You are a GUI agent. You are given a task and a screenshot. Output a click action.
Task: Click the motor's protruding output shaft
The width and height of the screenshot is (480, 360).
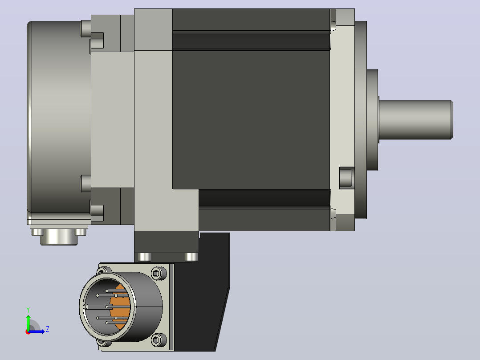(x=416, y=119)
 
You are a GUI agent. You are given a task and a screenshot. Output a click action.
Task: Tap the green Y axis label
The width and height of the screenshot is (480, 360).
(x=28, y=310)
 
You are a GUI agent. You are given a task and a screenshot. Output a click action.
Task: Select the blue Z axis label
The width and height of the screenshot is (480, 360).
(x=48, y=329)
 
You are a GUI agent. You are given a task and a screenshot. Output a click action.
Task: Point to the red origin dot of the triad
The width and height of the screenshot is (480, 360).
(x=28, y=332)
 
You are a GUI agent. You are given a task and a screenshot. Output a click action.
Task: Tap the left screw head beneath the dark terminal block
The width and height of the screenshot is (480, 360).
(x=144, y=257)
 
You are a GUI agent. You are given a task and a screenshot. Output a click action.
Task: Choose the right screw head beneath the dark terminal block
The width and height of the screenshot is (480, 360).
(x=191, y=257)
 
